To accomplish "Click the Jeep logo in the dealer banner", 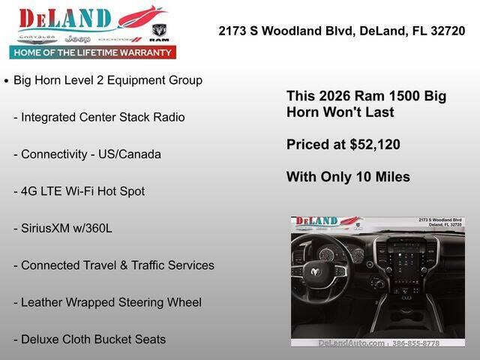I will point(76,38).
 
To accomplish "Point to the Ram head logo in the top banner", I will point(158,31).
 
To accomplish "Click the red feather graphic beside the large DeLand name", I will point(140,16).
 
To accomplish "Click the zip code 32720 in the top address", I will point(448,31).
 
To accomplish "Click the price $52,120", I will point(375,145).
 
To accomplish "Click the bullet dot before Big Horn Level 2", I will point(7,81).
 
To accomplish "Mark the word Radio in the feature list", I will point(168,118).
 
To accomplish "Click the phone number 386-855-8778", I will point(416,343).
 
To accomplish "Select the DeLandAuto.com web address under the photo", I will point(351,343).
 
